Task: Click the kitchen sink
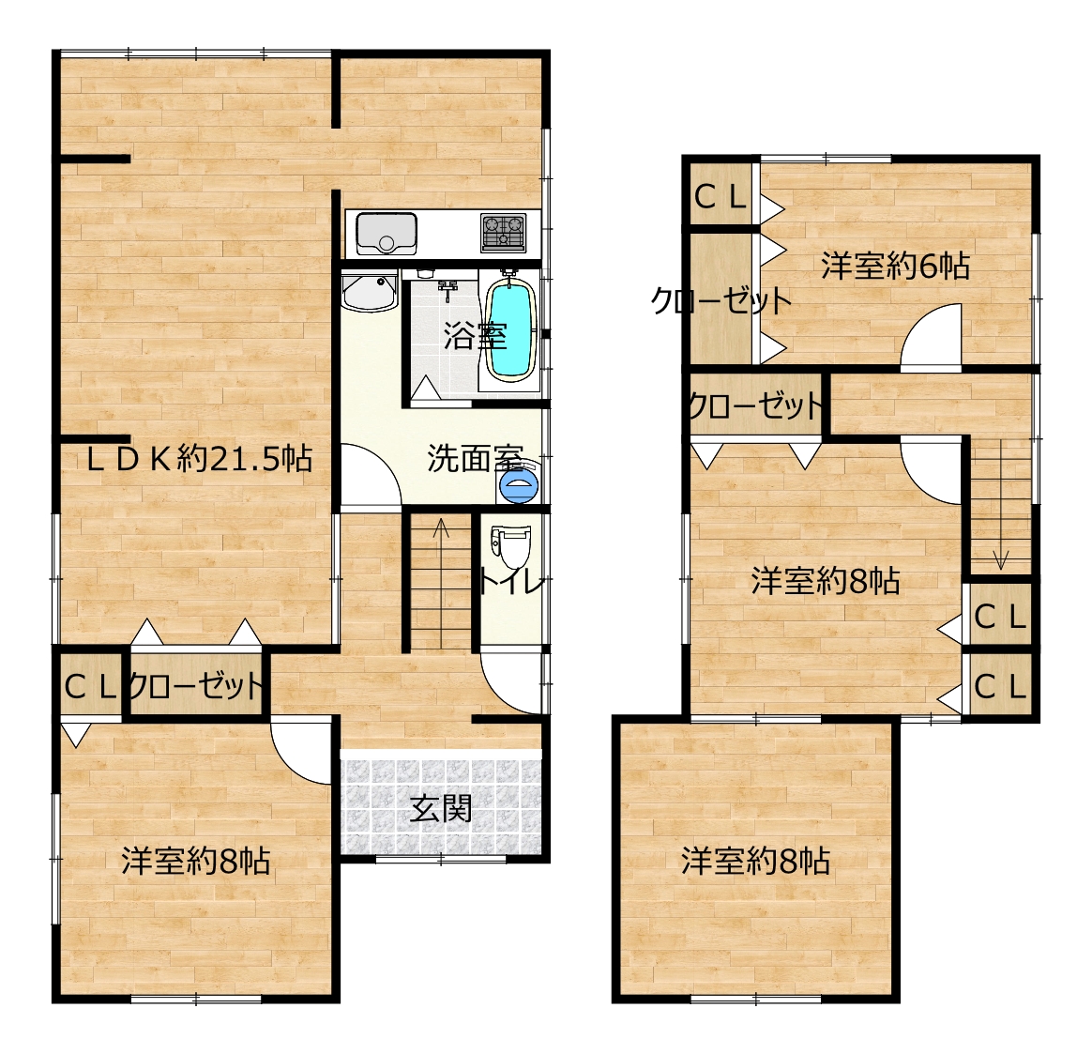coord(387,234)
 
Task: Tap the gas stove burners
coord(503,233)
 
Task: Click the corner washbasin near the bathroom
coord(369,293)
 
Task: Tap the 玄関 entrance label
coord(441,809)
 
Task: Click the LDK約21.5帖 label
coord(200,459)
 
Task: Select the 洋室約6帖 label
coord(895,266)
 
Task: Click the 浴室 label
coord(475,336)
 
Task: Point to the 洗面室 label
coord(475,458)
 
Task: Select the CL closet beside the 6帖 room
coord(720,197)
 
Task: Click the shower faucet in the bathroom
coord(447,288)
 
